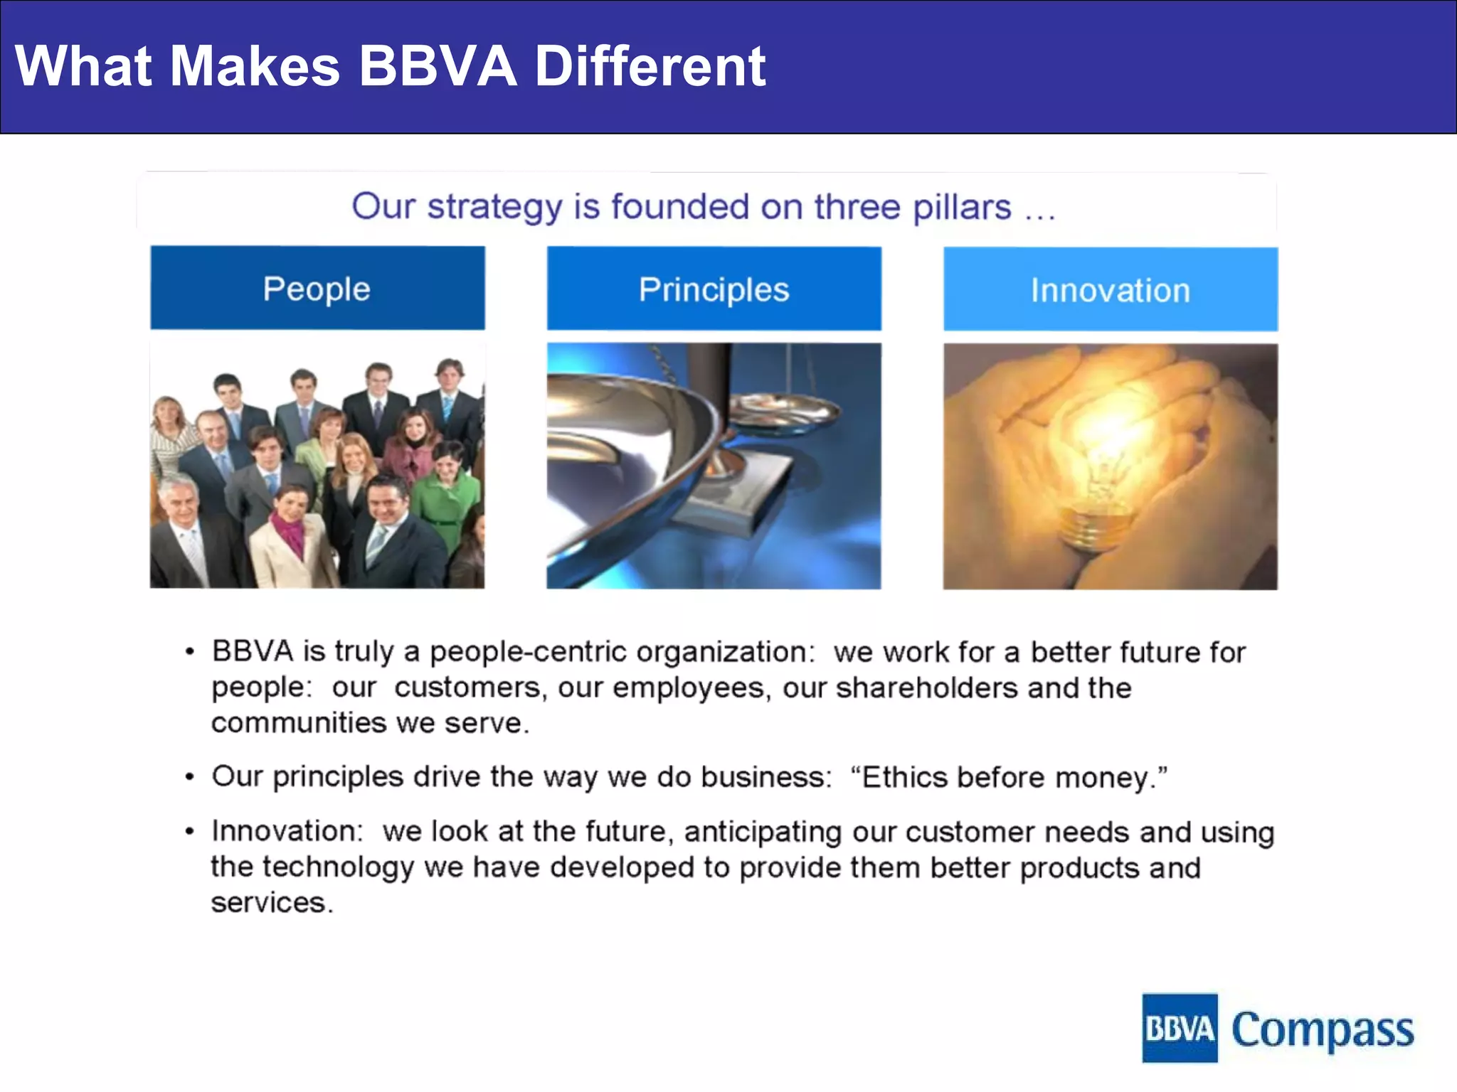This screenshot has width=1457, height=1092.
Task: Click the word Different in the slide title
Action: click(650, 66)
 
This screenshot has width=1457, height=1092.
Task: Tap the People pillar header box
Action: click(317, 289)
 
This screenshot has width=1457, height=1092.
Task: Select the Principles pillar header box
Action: click(714, 289)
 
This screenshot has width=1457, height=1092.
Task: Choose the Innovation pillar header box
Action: click(1110, 290)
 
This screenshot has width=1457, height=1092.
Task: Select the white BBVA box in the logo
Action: click(1180, 1028)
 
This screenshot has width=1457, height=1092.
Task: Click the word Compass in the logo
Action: click(1322, 1029)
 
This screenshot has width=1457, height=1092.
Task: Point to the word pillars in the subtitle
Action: click(962, 207)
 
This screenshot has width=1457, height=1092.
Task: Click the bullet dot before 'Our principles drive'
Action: click(189, 777)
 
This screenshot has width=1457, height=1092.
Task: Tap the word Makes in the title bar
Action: click(255, 66)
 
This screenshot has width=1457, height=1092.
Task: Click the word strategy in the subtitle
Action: click(494, 207)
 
